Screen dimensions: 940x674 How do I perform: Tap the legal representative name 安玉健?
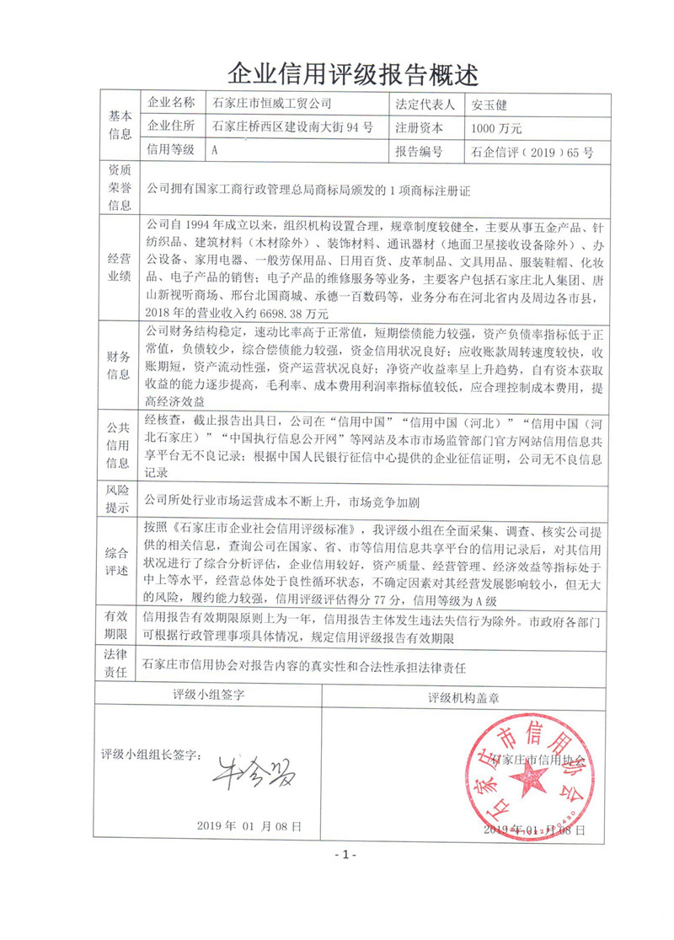pos(490,105)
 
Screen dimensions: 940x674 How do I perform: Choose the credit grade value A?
pos(217,152)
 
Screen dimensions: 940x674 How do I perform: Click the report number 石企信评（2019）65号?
pos(532,153)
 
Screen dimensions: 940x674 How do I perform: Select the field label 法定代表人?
pos(425,105)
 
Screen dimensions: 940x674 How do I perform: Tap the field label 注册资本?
pos(419,128)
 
